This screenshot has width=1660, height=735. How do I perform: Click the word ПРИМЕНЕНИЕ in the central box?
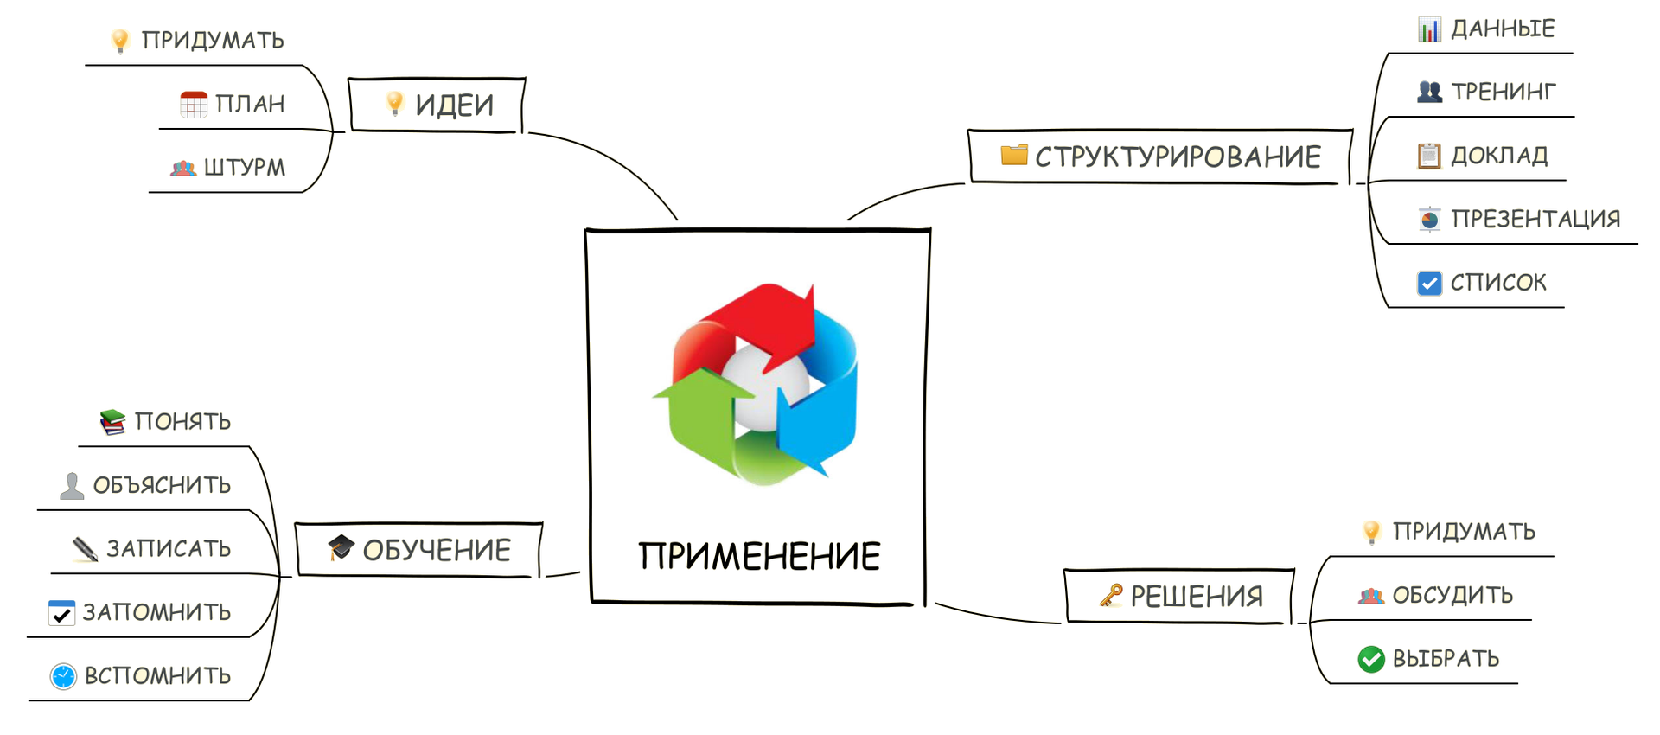759,556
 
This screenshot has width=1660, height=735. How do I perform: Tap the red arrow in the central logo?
761,316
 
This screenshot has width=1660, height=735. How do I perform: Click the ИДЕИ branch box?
437,105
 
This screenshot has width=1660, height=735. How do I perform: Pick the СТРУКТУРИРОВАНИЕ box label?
1178,157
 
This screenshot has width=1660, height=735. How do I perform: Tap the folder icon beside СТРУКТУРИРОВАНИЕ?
1014,155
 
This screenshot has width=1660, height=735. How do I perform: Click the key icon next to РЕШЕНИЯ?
1111,595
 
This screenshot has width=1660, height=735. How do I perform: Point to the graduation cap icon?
341,546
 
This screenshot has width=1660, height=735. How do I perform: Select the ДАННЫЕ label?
1503,29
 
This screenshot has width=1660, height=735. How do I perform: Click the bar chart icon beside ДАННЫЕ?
1429,29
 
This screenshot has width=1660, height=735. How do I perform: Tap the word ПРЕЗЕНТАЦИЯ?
1535,219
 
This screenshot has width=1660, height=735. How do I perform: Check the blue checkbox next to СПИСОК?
1429,283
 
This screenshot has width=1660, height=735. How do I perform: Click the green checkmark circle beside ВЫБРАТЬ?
1371,659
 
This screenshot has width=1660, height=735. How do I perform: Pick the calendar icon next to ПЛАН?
194,104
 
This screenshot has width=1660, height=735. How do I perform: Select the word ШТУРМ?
245,167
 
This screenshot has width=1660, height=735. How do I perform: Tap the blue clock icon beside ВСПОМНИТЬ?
63,676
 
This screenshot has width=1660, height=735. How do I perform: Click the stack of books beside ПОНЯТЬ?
112,421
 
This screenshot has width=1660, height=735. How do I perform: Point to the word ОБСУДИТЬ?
1452,595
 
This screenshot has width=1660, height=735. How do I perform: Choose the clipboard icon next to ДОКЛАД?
1429,156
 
